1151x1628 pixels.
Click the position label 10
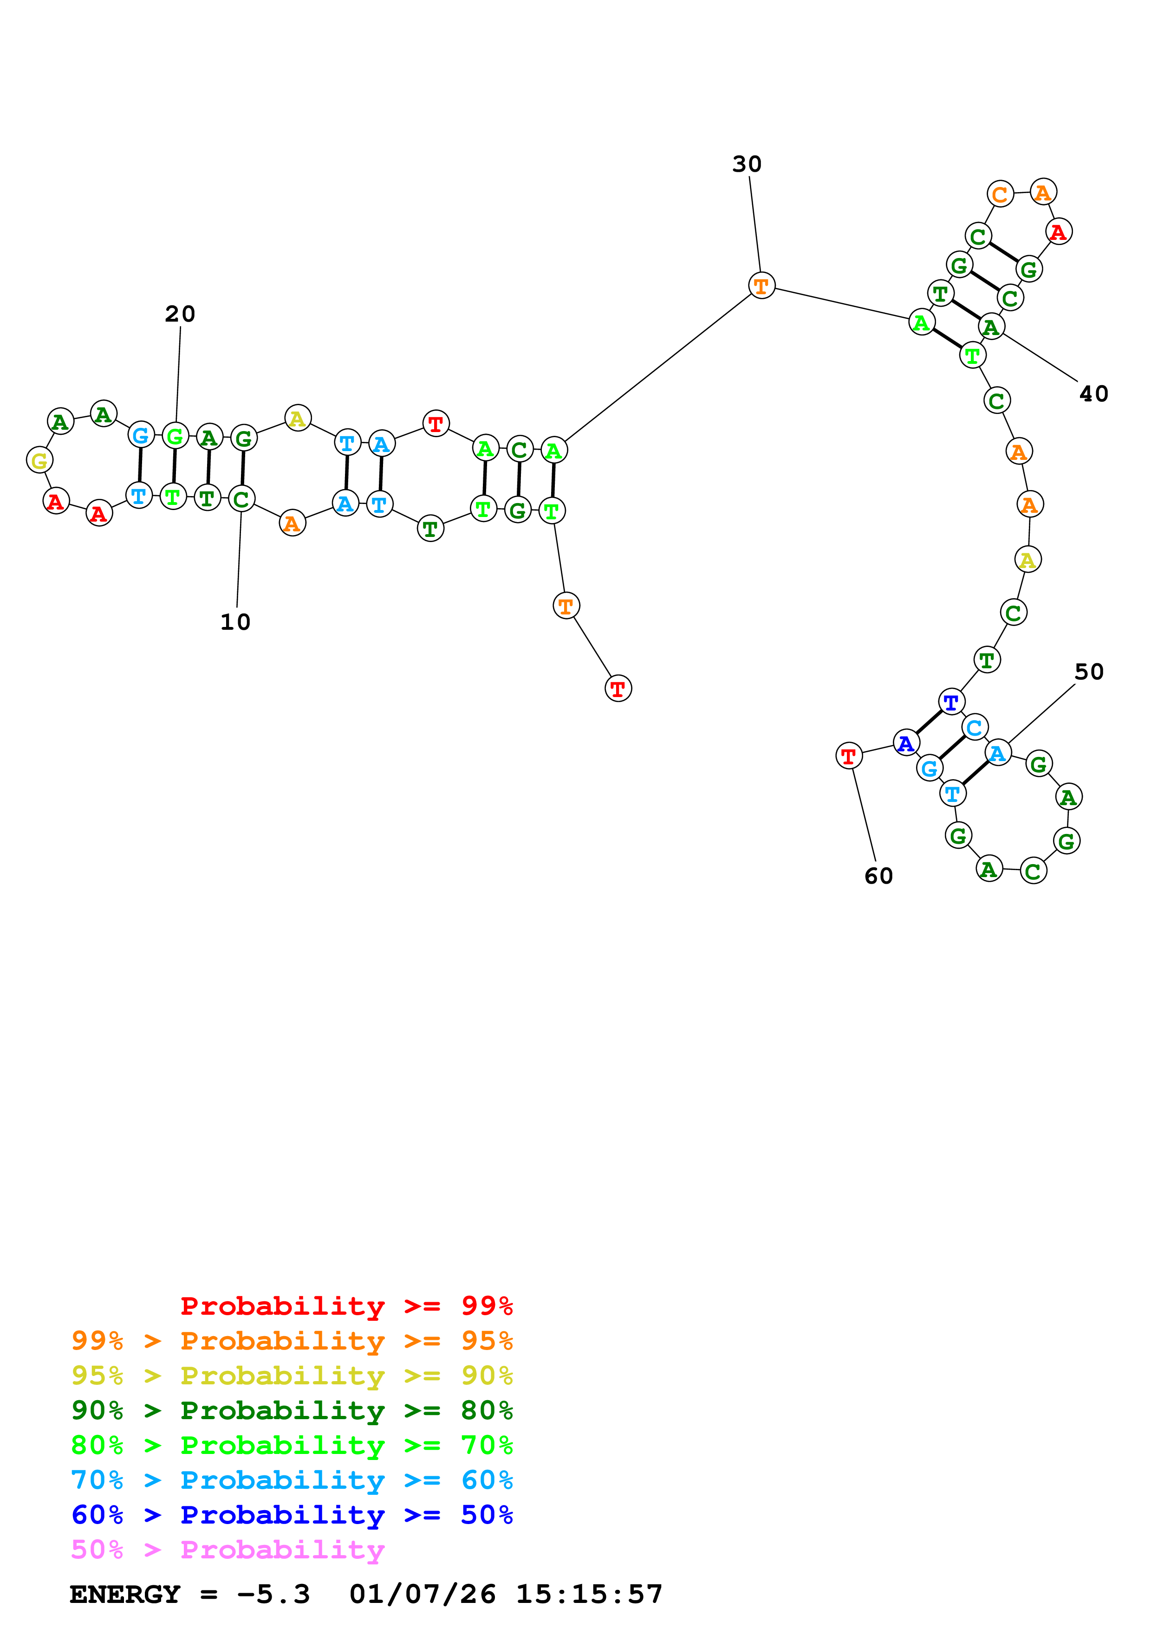[235, 622]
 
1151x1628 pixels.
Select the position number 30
[747, 164]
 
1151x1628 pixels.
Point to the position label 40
[1093, 394]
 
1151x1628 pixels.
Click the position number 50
[1089, 672]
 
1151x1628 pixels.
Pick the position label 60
[878, 876]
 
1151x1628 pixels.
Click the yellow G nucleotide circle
[40, 460]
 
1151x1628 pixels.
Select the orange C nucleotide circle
[1000, 194]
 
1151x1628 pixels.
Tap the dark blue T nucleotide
[951, 702]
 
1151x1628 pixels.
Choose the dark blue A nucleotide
[906, 743]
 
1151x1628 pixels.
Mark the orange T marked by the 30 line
[761, 286]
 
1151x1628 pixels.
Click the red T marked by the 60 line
[849, 756]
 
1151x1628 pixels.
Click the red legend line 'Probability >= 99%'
[346, 1306]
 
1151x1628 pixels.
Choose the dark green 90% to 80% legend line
[292, 1410]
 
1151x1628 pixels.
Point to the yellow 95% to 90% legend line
[292, 1376]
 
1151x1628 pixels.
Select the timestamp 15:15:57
[589, 1594]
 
